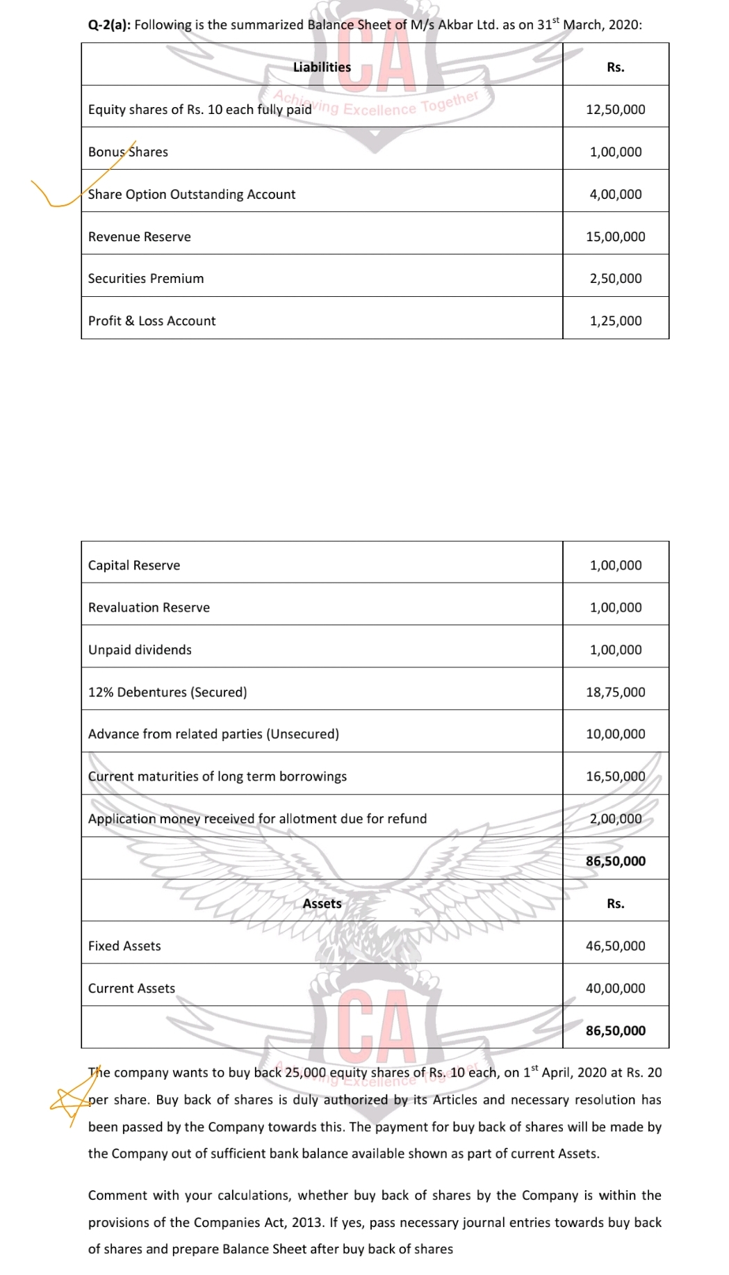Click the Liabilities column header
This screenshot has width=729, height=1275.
322,67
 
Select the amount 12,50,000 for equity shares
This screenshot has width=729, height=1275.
615,110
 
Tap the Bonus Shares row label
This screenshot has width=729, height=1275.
128,152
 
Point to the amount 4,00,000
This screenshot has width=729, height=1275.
615,195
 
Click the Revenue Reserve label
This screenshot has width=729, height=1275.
139,237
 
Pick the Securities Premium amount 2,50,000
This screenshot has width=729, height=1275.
615,279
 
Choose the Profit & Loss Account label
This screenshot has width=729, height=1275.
151,321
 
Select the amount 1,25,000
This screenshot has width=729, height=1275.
615,321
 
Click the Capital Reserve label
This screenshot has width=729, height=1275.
133,565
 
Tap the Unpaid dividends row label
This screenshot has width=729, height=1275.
140,650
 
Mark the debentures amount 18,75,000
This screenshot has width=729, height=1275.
615,692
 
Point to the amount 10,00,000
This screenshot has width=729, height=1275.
615,734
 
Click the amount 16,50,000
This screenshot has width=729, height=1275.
615,777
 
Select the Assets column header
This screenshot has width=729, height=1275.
322,904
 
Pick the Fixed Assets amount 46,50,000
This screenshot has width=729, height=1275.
615,946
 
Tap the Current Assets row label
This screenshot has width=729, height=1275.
131,989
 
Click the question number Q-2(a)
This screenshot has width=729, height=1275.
108,25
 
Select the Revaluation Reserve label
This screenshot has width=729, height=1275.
149,608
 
